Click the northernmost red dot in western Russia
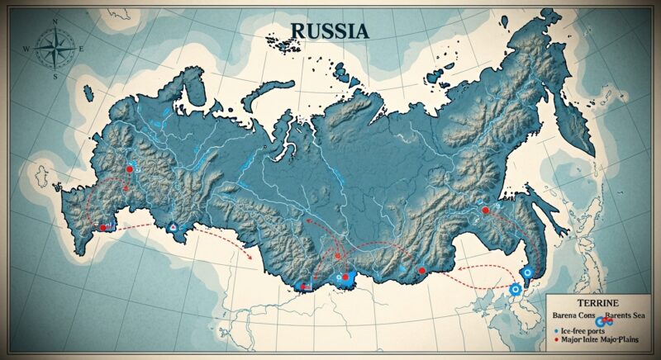point(129,168)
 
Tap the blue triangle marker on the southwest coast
point(172,226)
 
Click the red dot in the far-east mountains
point(486,211)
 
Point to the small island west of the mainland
point(38,175)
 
